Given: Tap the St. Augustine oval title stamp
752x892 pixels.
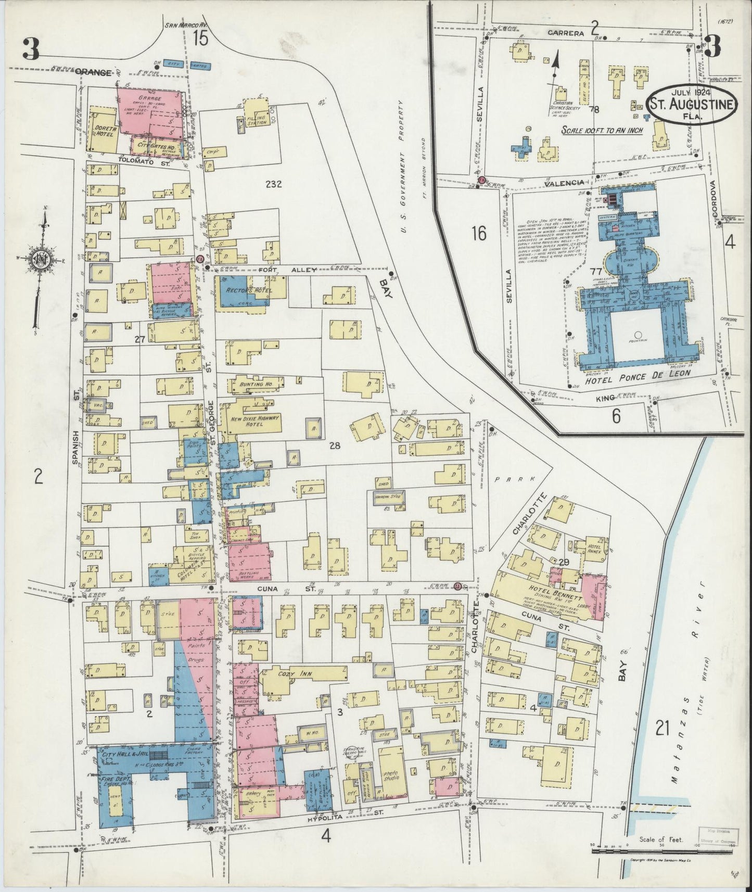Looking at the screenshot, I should (692, 104).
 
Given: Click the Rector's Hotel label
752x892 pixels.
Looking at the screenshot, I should (243, 289).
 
